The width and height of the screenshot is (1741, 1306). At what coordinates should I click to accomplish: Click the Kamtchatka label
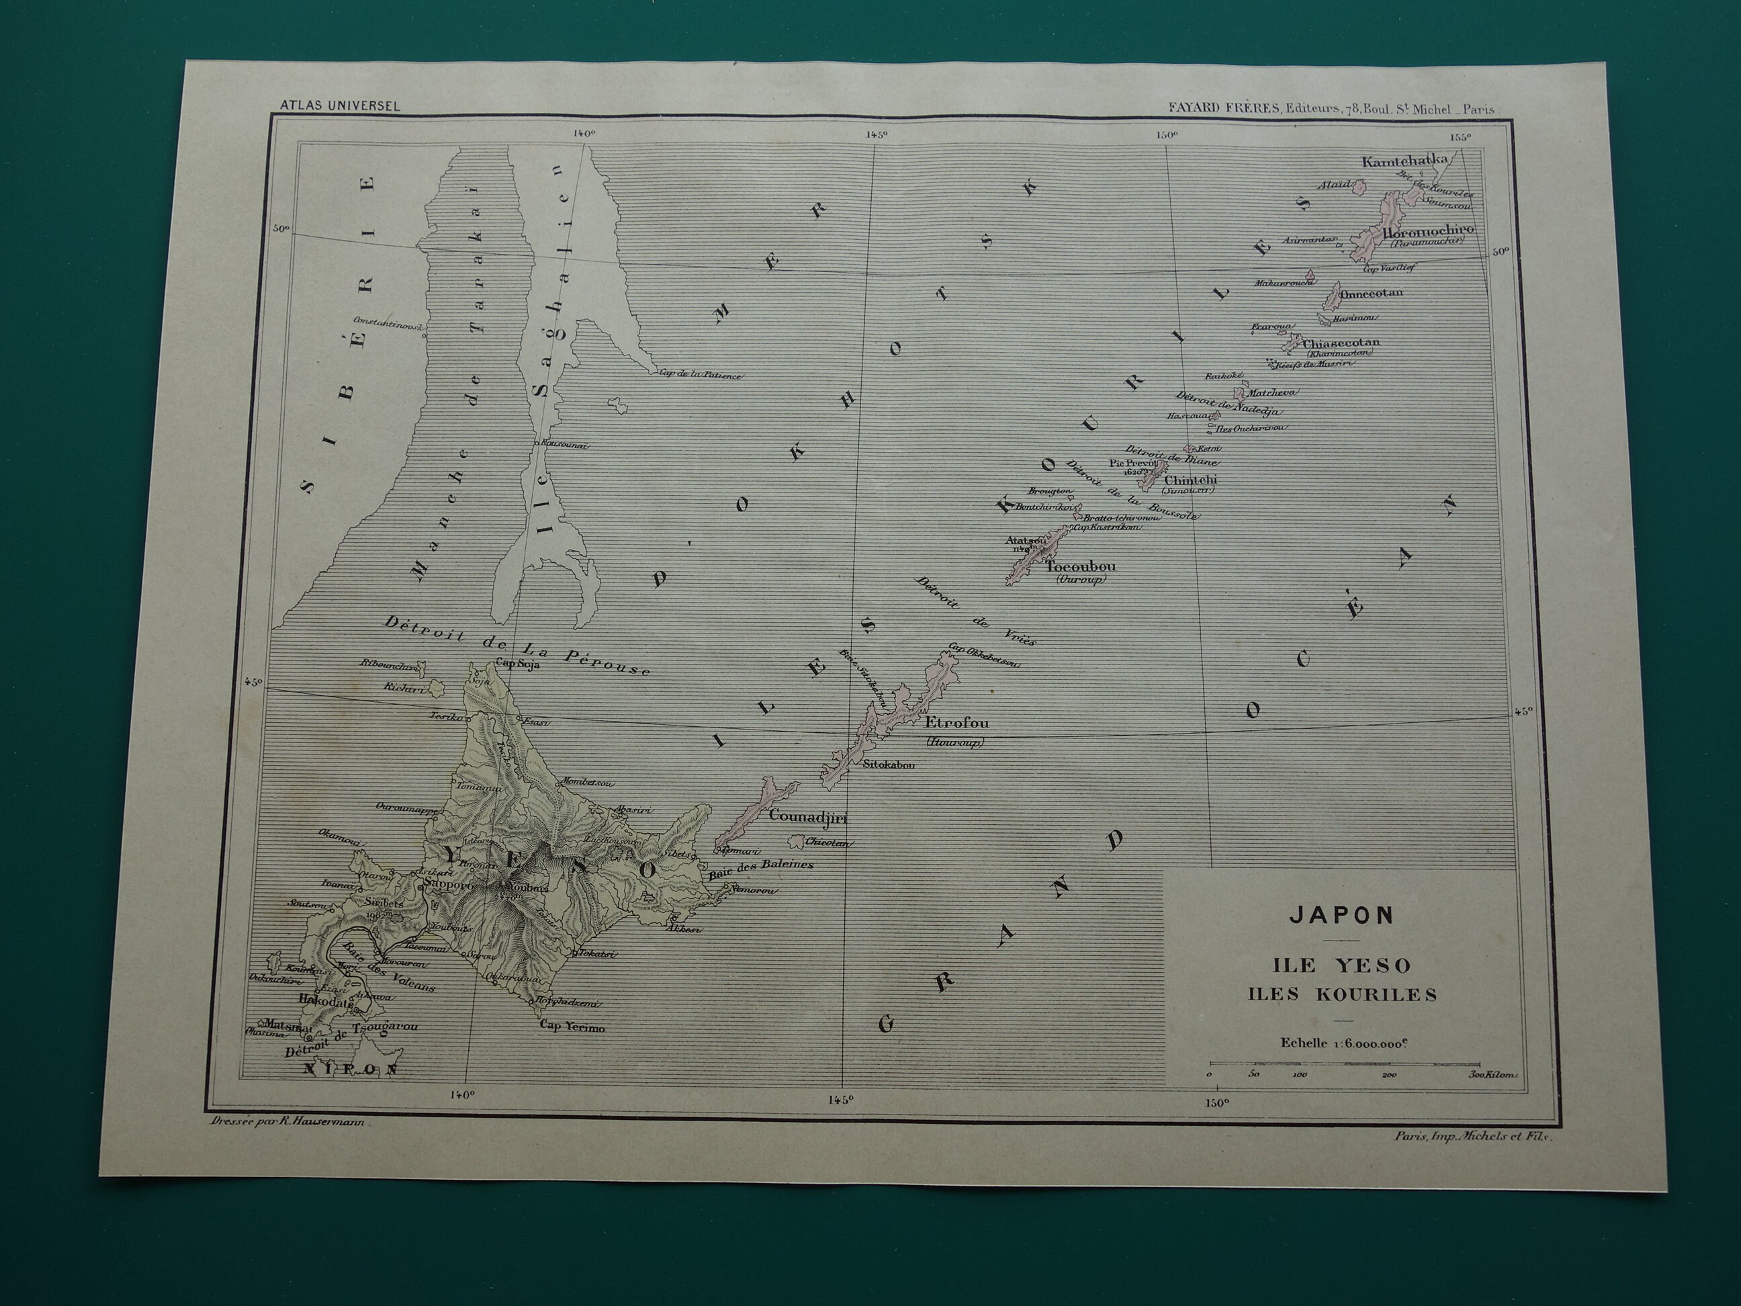1415,161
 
